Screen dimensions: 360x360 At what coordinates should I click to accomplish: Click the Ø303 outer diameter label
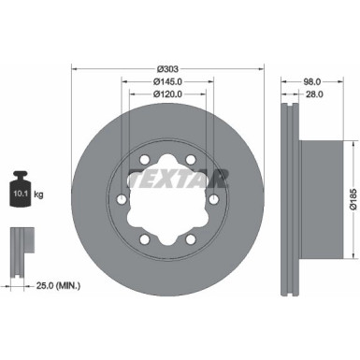coord(168,68)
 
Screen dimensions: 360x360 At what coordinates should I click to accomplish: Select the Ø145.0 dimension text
coord(168,81)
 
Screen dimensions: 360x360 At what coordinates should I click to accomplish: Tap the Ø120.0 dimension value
coord(168,94)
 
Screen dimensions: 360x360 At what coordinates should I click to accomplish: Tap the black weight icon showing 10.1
coord(20,191)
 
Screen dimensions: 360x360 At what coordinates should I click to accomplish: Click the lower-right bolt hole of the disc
coord(191,239)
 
